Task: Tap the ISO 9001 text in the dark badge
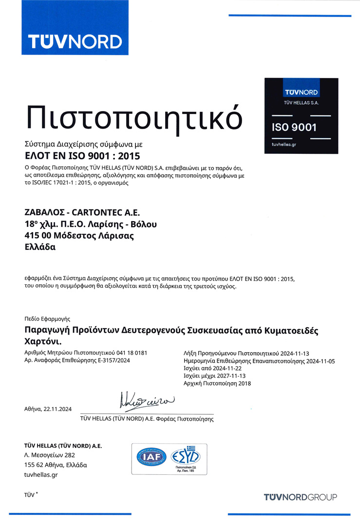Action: [x=294, y=128]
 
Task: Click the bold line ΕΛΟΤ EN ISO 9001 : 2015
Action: [x=82, y=156]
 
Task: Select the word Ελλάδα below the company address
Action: [x=40, y=247]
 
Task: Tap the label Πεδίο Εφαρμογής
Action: [x=44, y=319]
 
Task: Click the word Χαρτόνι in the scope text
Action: [x=42, y=341]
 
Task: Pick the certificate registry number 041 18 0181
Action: [x=131, y=352]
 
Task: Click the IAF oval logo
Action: [x=152, y=457]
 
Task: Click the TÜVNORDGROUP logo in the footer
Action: [x=300, y=497]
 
